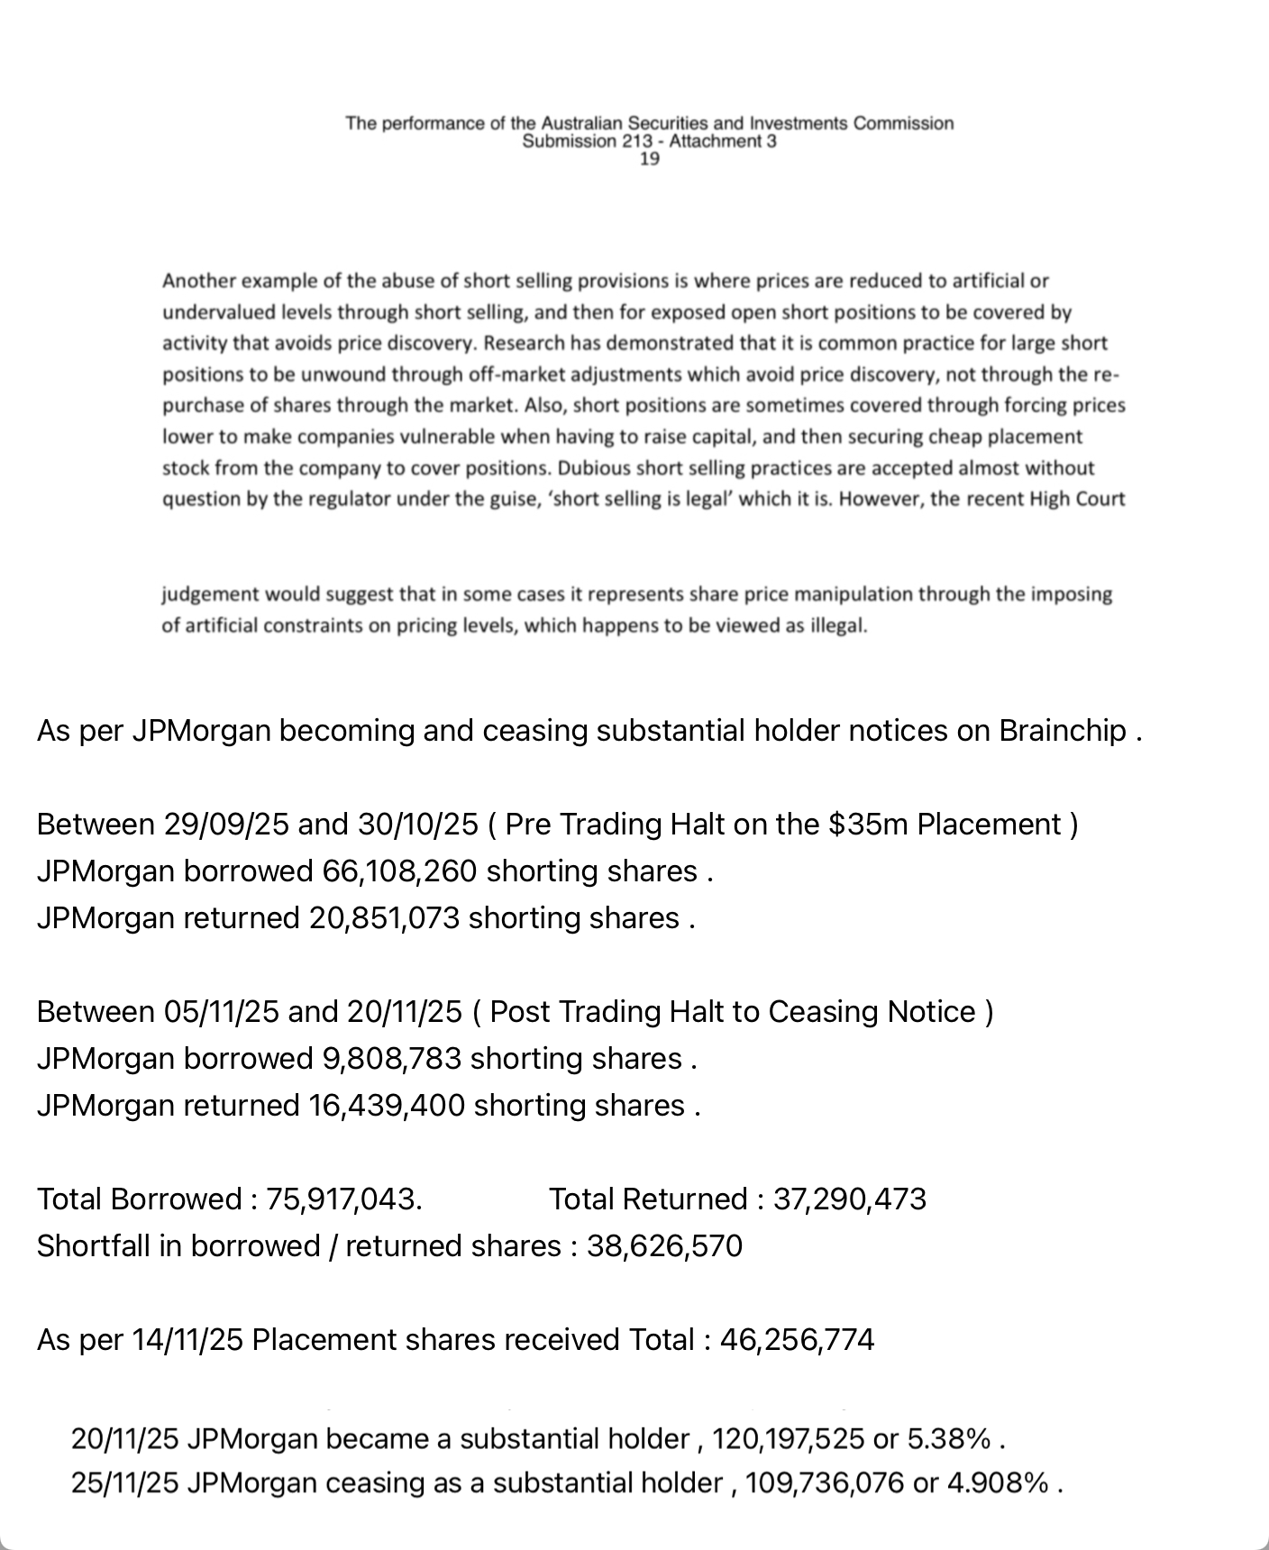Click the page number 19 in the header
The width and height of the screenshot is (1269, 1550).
pos(649,160)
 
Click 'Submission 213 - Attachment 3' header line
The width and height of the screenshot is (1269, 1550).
pos(649,141)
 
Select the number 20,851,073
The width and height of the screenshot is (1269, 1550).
pos(384,918)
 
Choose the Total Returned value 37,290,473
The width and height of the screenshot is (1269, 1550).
pos(849,1199)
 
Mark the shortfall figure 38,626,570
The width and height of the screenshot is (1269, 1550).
pos(664,1246)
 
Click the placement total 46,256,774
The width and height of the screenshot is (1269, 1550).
pos(797,1340)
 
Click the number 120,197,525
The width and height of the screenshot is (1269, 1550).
pos(788,1439)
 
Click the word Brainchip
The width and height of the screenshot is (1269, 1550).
pos(1063,731)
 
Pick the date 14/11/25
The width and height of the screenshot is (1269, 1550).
pos(187,1340)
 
